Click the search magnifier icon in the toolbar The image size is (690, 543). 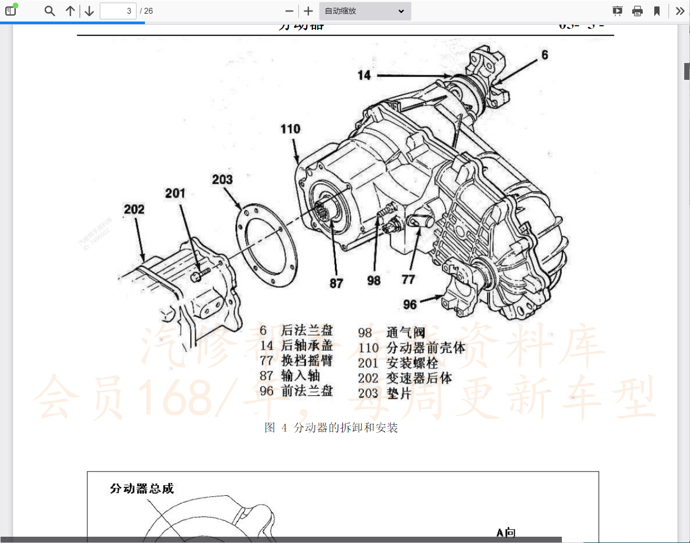pos(49,11)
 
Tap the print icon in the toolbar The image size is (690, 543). pos(637,11)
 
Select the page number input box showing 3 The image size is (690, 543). pos(118,11)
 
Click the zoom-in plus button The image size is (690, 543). pos(308,11)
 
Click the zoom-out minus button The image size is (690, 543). pos(289,11)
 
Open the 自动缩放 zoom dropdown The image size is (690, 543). pos(365,11)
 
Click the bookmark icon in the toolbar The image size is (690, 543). pos(656,11)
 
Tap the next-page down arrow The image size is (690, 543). pos(89,11)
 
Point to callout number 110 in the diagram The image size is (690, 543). pos(290,129)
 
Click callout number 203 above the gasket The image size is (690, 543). pos(222,180)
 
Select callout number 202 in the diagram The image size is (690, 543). pos(134,210)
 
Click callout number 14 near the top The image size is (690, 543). pos(364,76)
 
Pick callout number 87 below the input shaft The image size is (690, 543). pos(336,284)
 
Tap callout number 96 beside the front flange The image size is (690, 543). pos(410,305)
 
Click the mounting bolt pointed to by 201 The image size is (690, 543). pos(200,274)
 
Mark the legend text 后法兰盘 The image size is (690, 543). pos(307,330)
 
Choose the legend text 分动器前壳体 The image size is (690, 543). pos(426,348)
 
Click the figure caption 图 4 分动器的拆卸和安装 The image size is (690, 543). pos(331,427)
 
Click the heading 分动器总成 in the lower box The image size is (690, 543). pos(142,488)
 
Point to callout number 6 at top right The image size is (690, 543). pos(545,55)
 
